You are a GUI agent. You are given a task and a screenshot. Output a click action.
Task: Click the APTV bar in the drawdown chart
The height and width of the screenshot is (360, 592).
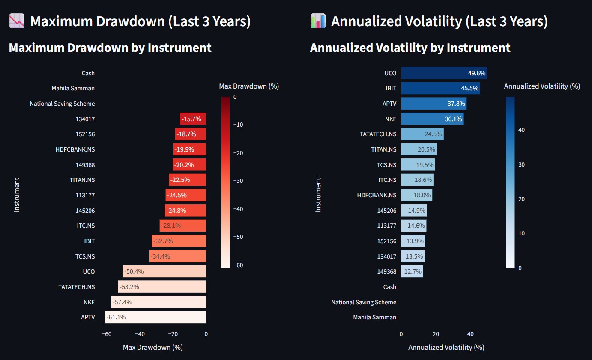coord(155,317)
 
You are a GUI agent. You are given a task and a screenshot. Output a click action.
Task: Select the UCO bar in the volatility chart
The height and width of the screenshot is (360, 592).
coord(444,73)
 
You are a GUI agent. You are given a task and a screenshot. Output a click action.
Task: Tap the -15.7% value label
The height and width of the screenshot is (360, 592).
coord(192,119)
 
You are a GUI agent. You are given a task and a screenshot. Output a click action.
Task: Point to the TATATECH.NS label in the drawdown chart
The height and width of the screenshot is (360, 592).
coord(76,287)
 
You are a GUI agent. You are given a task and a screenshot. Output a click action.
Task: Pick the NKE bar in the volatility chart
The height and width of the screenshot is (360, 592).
coord(432,119)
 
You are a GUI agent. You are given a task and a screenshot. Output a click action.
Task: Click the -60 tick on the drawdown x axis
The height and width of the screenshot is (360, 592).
coord(107,334)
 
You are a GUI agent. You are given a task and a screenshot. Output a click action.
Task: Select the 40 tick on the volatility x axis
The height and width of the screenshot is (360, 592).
coord(470,334)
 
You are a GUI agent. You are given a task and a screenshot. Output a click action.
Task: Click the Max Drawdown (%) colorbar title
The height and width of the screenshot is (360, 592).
coord(249,86)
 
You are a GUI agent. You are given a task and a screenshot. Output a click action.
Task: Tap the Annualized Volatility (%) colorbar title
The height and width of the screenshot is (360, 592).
coord(542,86)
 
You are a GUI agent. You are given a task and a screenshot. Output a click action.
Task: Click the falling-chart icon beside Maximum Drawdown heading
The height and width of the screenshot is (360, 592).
coord(17,21)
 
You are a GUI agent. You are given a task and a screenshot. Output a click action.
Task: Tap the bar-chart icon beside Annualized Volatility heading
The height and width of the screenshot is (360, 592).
coord(318,21)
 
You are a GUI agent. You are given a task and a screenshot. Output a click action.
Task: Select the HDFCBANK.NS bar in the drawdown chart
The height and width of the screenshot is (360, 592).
coord(189,149)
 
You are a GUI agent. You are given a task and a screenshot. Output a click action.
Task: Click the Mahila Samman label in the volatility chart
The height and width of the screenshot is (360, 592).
coord(374,317)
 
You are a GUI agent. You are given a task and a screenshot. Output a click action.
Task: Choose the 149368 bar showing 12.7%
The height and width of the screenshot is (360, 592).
coord(412,271)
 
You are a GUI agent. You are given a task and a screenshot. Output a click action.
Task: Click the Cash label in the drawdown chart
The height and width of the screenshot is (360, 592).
coord(88,73)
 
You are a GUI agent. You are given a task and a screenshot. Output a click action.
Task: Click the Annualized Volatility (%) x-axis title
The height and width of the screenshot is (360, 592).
coord(446,347)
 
